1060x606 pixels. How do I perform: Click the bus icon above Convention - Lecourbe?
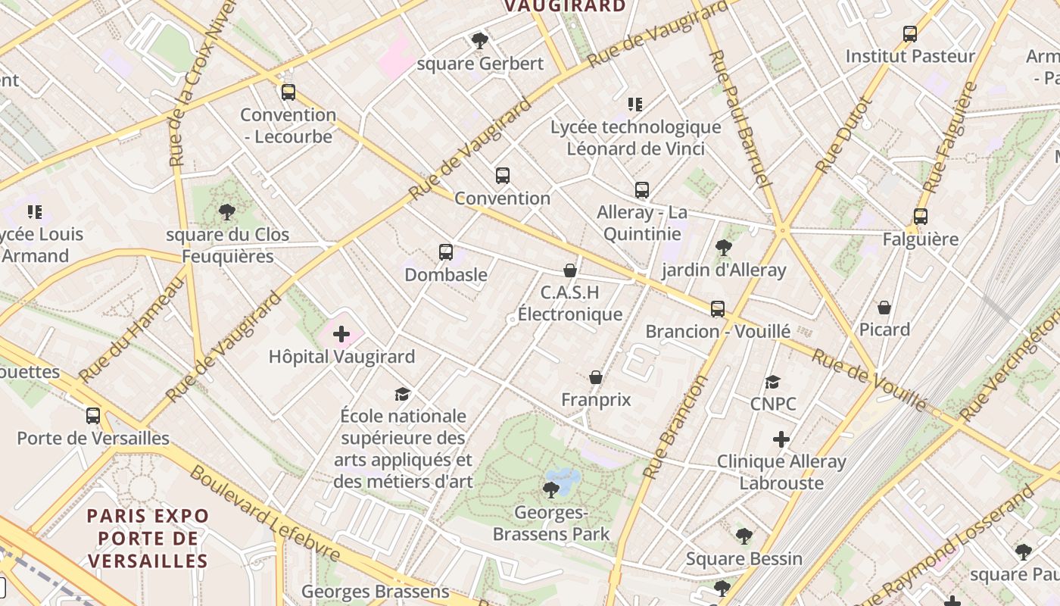click(288, 92)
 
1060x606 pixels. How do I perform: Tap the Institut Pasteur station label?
click(910, 56)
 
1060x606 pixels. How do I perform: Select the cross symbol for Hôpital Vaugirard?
click(341, 333)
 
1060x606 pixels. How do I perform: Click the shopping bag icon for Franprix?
click(596, 377)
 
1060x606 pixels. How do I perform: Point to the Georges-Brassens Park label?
click(551, 523)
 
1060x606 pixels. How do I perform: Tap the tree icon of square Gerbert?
click(479, 41)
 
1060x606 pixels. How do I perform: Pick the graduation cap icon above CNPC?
click(772, 382)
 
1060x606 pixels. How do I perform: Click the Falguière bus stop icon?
click(920, 217)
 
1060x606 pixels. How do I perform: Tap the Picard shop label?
click(884, 330)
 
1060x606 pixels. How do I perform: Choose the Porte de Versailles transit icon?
click(93, 415)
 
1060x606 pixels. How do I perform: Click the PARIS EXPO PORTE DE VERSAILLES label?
click(148, 539)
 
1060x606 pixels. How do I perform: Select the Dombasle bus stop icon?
click(445, 252)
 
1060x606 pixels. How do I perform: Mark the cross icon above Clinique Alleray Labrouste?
click(781, 439)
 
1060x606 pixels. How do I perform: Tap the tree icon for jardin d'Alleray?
click(723, 247)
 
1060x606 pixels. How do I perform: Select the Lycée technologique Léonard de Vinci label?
click(635, 138)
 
